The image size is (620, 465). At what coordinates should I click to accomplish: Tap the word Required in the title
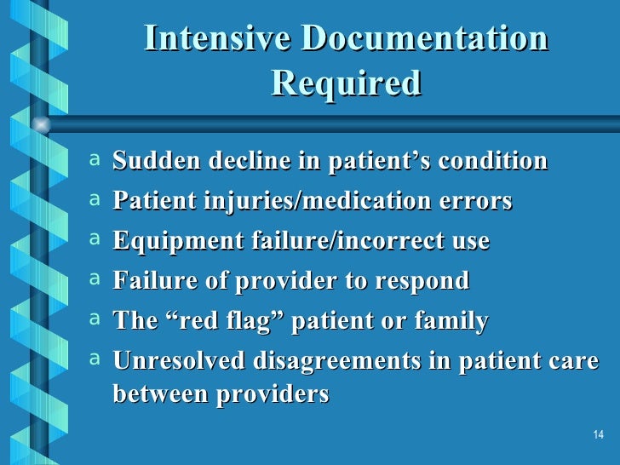346,83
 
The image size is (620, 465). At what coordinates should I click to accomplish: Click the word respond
428,280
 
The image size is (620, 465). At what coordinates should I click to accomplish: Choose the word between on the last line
154,394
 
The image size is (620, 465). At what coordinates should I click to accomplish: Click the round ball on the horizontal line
40,124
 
